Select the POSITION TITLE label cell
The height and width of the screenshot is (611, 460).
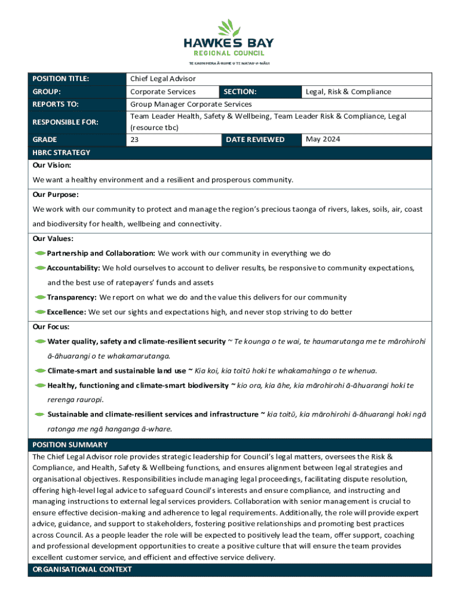point(60,79)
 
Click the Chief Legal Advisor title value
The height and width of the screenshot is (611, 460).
point(162,79)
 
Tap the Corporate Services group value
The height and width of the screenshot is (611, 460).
point(162,92)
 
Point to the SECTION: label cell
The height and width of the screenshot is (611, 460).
point(240,92)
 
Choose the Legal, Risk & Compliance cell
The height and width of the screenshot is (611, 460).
point(348,92)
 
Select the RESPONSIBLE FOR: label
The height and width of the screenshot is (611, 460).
point(65,122)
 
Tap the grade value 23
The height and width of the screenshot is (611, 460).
point(134,140)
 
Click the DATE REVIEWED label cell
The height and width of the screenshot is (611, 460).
point(255,140)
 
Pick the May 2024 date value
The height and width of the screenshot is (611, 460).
point(323,140)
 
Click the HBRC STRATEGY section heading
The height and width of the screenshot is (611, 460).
point(61,153)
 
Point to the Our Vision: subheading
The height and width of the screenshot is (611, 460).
point(52,165)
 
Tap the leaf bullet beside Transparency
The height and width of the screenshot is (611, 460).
point(40,297)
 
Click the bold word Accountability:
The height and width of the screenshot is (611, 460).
point(73,268)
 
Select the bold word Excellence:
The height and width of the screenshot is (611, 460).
point(66,312)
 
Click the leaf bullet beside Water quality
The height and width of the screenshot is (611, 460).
point(40,341)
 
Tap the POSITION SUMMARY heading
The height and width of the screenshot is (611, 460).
point(70,445)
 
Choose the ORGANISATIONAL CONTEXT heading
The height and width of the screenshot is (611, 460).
point(82,569)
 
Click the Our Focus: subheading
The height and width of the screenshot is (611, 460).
point(51,327)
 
